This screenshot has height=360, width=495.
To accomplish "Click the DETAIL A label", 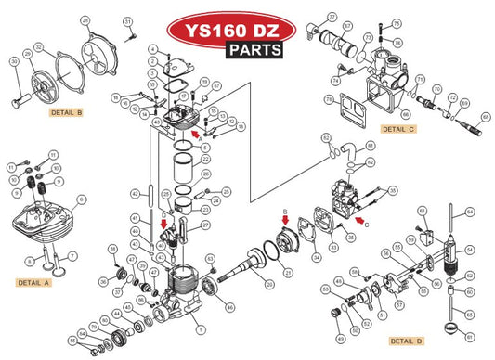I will [35, 282].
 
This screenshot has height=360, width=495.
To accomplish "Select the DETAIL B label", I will [67, 112].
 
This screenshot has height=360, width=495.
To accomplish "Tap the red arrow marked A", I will [194, 134].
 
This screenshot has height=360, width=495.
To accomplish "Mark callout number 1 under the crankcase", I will [199, 328].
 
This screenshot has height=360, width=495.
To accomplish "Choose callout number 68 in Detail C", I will [485, 118].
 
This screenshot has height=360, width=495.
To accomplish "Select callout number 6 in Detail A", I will [81, 198].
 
